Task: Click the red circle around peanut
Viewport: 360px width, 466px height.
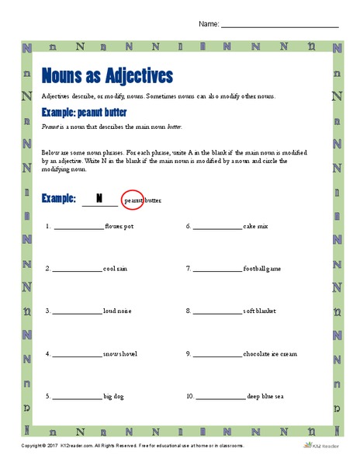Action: [133, 200]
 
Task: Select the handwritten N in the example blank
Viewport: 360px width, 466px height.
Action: [99, 199]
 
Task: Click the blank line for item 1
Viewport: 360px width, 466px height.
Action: [78, 228]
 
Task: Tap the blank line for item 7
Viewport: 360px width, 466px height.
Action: [217, 271]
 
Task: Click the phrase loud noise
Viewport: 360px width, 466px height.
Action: [118, 311]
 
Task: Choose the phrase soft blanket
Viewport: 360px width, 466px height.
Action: [261, 311]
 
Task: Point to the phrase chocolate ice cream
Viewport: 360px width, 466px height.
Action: [270, 353]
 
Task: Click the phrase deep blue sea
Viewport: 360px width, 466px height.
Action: [265, 396]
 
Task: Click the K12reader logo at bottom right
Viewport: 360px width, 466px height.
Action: [327, 446]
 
